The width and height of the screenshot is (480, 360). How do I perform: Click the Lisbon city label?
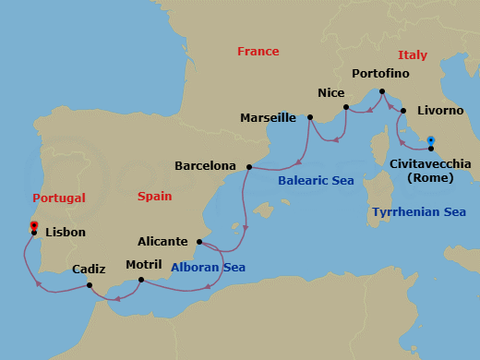tap(65, 233)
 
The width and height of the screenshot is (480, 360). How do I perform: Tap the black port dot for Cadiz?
tap(90, 285)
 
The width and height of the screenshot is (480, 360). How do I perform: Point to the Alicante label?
tap(162, 242)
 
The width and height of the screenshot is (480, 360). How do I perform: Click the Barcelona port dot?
tap(249, 167)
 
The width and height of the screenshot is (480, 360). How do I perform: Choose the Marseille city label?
tap(268, 118)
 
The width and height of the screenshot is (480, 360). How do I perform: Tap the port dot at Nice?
tap(345, 108)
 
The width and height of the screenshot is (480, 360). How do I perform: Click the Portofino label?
tap(380, 73)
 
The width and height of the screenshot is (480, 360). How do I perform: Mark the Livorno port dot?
tap(403, 111)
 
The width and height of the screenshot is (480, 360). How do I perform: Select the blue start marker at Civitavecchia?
tap(431, 141)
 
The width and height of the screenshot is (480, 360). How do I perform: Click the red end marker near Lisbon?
tap(33, 225)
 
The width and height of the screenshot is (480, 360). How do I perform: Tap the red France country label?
tap(258, 52)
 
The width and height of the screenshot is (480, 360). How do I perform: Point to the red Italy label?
tap(412, 55)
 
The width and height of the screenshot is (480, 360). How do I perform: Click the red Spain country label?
tap(154, 197)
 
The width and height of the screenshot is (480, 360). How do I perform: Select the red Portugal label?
tap(58, 198)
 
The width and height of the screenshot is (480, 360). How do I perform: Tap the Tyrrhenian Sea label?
tap(418, 212)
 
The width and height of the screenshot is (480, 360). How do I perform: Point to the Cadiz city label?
tap(89, 270)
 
